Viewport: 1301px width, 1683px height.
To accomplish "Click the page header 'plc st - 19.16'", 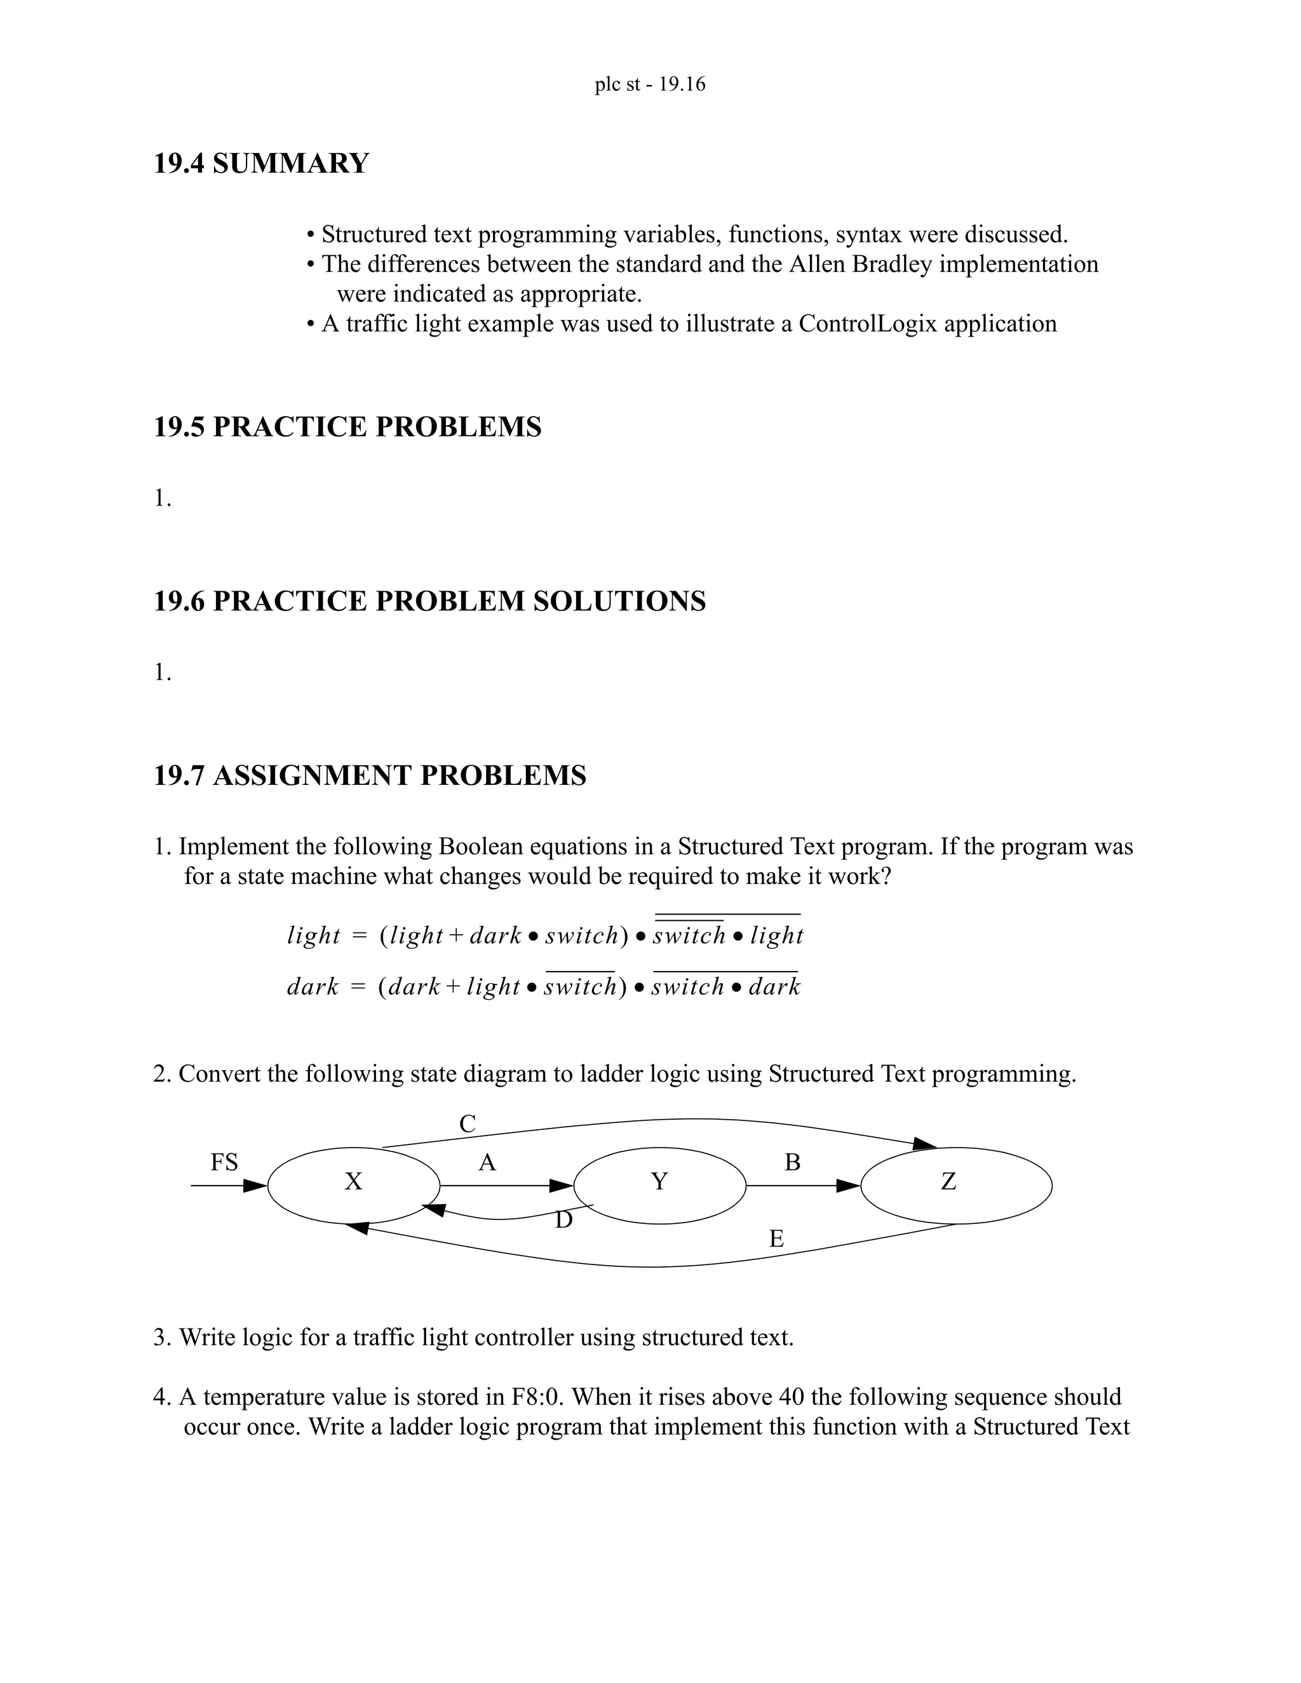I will tap(650, 84).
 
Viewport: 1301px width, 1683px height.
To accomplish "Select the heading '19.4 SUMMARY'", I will tap(261, 163).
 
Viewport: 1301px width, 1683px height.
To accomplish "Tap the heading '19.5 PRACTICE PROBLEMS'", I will tap(347, 427).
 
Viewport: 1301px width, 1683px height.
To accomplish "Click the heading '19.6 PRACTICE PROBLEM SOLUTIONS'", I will tap(429, 601).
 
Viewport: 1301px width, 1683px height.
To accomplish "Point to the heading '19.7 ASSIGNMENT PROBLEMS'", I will tap(370, 775).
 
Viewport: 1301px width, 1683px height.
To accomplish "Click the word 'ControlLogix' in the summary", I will tap(867, 324).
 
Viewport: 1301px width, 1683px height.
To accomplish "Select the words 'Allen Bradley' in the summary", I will tap(860, 264).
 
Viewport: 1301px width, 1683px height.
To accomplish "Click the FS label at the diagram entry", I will tap(224, 1162).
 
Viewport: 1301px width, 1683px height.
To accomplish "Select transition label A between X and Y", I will tap(487, 1163).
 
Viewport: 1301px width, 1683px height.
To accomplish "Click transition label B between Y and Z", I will tap(792, 1163).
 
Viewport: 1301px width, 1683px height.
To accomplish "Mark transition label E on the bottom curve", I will tap(777, 1239).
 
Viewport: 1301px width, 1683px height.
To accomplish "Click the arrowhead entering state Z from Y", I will tap(849, 1186).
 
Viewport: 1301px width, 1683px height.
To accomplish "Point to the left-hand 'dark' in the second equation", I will tap(313, 987).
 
